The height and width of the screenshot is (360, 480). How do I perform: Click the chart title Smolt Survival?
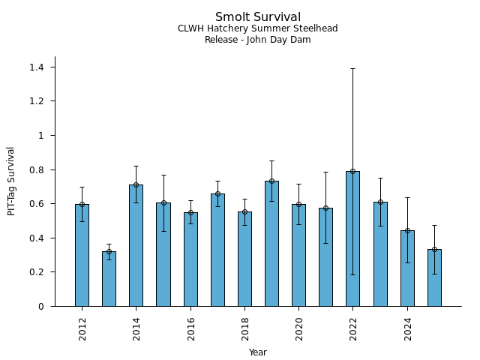(x=257, y=17)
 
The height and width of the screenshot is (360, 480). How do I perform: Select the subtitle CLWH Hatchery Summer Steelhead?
(x=257, y=28)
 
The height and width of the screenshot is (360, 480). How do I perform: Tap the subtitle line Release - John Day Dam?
(x=257, y=40)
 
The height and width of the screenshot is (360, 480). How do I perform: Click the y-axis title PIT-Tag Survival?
(x=11, y=181)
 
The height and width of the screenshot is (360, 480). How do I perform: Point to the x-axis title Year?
(x=257, y=352)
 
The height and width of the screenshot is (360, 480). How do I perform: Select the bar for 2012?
(x=82, y=255)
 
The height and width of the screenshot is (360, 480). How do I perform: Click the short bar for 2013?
(x=109, y=279)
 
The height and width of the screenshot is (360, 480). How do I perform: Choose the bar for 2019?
(x=271, y=244)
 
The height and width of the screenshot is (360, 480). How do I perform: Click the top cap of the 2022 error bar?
(x=352, y=68)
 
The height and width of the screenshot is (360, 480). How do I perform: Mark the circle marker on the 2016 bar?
(x=190, y=212)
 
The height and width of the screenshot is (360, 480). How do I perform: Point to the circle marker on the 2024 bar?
(x=407, y=230)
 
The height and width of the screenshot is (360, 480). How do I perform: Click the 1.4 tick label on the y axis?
(x=37, y=67)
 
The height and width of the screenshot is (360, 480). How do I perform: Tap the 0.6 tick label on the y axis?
(x=37, y=204)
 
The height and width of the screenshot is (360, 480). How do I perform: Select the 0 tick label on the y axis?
(x=41, y=307)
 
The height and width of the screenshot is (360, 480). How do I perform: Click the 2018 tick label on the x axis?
(x=244, y=328)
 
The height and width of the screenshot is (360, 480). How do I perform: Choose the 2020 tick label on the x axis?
(x=299, y=328)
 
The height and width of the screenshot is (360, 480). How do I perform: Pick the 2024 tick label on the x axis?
(x=407, y=328)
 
